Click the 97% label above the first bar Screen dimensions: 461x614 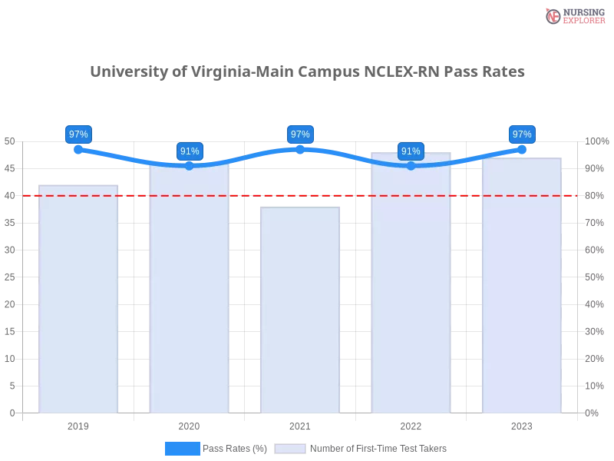pyautogui.click(x=78, y=134)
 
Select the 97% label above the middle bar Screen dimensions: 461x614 pyautogui.click(x=300, y=134)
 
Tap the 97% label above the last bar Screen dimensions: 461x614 pyautogui.click(x=522, y=134)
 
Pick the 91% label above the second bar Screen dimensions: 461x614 pyautogui.click(x=190, y=151)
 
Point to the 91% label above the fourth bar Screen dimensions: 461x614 pyautogui.click(x=411, y=151)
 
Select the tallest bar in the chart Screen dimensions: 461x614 pyautogui.click(x=411, y=284)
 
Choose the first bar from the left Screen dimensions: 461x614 pyautogui.click(x=79, y=300)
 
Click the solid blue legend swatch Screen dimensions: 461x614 pyautogui.click(x=182, y=448)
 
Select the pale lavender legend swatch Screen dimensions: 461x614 pyautogui.click(x=290, y=449)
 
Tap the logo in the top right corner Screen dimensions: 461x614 pyautogui.click(x=573, y=15)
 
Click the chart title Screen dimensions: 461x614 pyautogui.click(x=307, y=72)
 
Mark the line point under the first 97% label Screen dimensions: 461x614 pyautogui.click(x=78, y=149)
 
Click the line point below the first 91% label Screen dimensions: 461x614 pyautogui.click(x=190, y=166)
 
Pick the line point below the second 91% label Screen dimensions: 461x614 pyautogui.click(x=411, y=166)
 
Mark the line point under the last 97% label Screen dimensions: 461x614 pyautogui.click(x=522, y=149)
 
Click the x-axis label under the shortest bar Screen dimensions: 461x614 pyautogui.click(x=300, y=424)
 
